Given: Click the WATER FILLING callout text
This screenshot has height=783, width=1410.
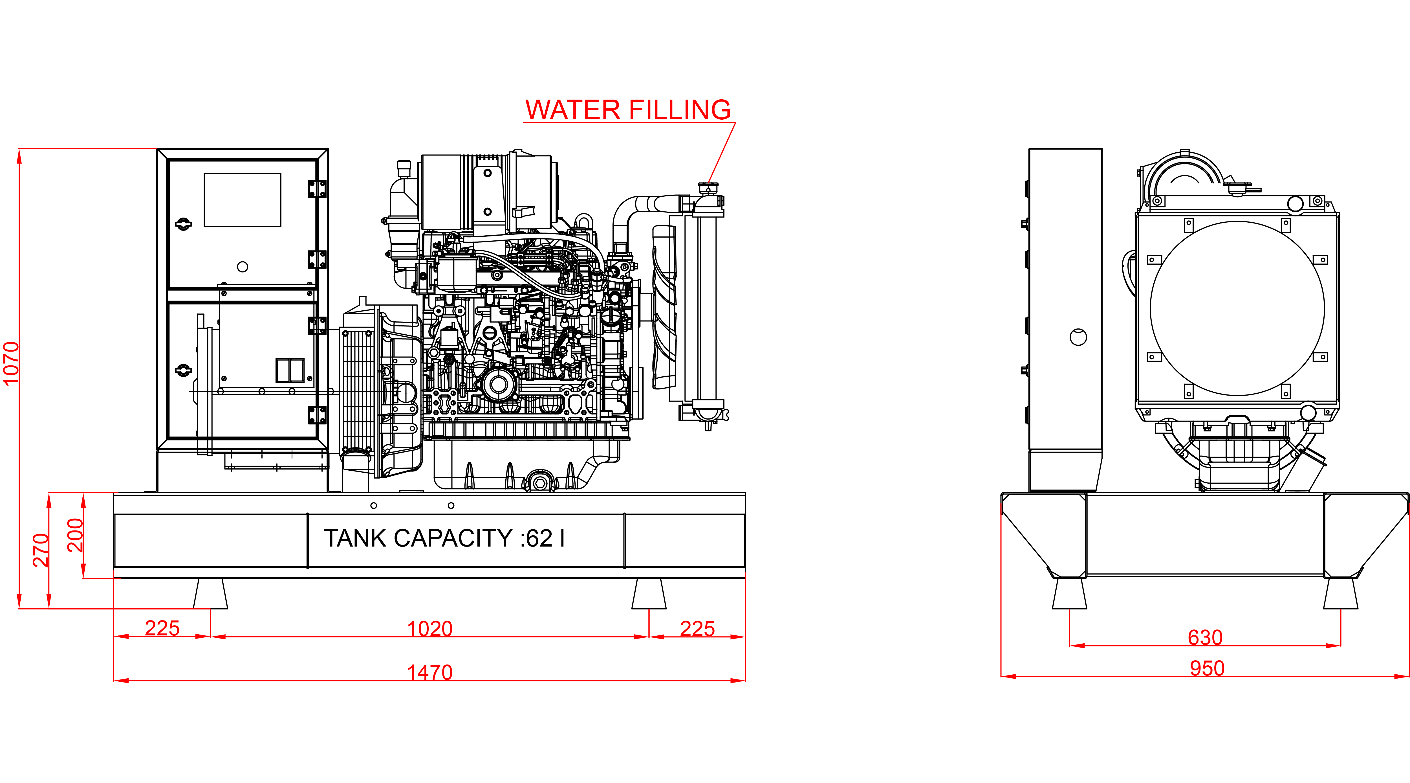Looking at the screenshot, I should click(x=628, y=110).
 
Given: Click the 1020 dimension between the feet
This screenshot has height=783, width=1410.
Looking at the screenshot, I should click(x=430, y=629).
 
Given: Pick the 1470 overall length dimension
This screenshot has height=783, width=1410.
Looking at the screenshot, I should click(x=430, y=672).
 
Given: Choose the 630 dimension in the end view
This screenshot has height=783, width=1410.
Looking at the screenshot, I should click(x=1205, y=637).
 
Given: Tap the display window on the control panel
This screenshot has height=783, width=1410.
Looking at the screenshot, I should click(x=243, y=200).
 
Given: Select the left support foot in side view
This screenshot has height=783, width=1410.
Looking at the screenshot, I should click(x=210, y=594).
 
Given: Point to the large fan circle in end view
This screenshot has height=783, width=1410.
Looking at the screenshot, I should click(x=1237, y=308).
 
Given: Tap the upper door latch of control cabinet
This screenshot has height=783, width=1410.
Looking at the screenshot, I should click(x=183, y=224).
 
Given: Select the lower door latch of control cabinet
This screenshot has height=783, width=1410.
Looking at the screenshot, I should click(x=183, y=371).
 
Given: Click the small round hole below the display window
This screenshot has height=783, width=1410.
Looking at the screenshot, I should click(x=243, y=267).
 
